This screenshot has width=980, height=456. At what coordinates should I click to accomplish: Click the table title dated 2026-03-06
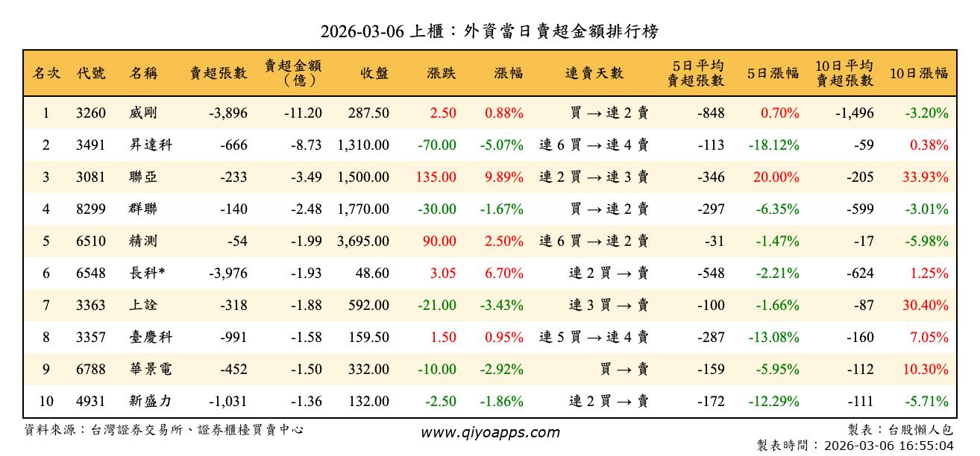tap(489, 31)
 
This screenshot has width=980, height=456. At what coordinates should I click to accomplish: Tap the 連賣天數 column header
tap(594, 74)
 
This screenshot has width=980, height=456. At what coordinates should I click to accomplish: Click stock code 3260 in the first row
tap(91, 113)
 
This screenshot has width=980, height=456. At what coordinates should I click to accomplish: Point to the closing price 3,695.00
tap(363, 241)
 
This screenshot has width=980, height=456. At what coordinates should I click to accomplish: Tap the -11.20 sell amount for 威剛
tap(303, 113)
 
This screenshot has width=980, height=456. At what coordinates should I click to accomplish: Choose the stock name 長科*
tap(146, 273)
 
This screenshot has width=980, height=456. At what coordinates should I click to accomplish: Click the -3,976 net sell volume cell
tap(227, 273)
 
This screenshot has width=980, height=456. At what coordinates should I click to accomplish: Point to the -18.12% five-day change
tap(774, 145)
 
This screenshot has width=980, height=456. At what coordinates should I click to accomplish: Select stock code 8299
tap(91, 209)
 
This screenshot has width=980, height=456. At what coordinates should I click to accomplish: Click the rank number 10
tap(46, 402)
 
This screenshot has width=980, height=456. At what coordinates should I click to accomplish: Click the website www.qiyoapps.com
tap(490, 433)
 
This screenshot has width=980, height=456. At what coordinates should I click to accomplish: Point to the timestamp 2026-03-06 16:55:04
tap(888, 446)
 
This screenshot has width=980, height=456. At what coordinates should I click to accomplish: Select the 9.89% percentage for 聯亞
tap(504, 177)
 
